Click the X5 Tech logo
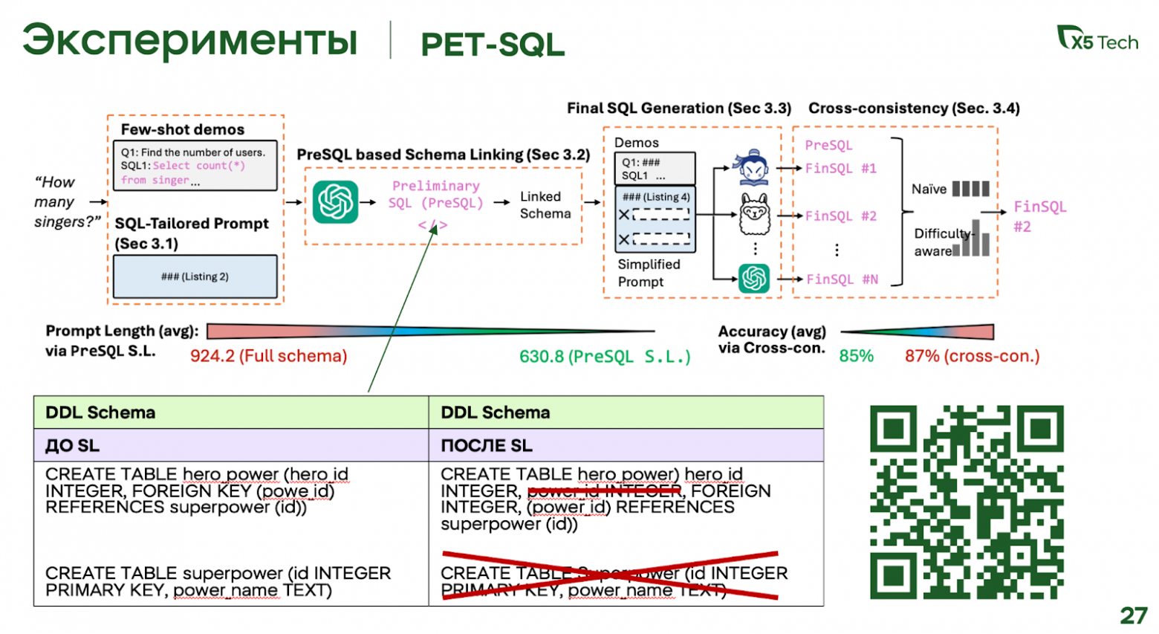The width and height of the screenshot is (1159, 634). pos(1097,39)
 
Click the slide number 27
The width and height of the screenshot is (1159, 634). pos(1134,615)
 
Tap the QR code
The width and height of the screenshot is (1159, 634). pos(967,502)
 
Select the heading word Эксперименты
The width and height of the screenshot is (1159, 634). pos(189,42)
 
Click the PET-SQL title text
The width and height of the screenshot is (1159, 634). pos(493,45)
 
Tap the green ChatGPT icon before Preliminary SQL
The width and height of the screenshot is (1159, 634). pos(335,202)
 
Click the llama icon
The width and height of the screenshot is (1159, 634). pos(754,214)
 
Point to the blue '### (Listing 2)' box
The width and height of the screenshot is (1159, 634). pos(195,276)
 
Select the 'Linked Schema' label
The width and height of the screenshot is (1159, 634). pos(545,205)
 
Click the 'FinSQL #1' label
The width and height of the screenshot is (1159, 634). pos(840,169)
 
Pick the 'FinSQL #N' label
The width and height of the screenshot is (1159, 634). pos(842,279)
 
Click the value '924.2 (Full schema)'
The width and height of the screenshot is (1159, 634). pos(268,356)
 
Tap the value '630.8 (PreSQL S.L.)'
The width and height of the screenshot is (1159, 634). pos(605,357)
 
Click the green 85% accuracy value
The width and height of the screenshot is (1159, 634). pos(856,356)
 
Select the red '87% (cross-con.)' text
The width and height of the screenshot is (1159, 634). pos(972,356)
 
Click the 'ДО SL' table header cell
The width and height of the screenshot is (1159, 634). pos(230,445)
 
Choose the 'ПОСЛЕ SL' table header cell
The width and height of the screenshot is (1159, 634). pos(626,445)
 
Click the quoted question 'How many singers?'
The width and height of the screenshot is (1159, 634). pos(65,201)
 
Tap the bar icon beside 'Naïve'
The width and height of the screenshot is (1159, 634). pos(970,189)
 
